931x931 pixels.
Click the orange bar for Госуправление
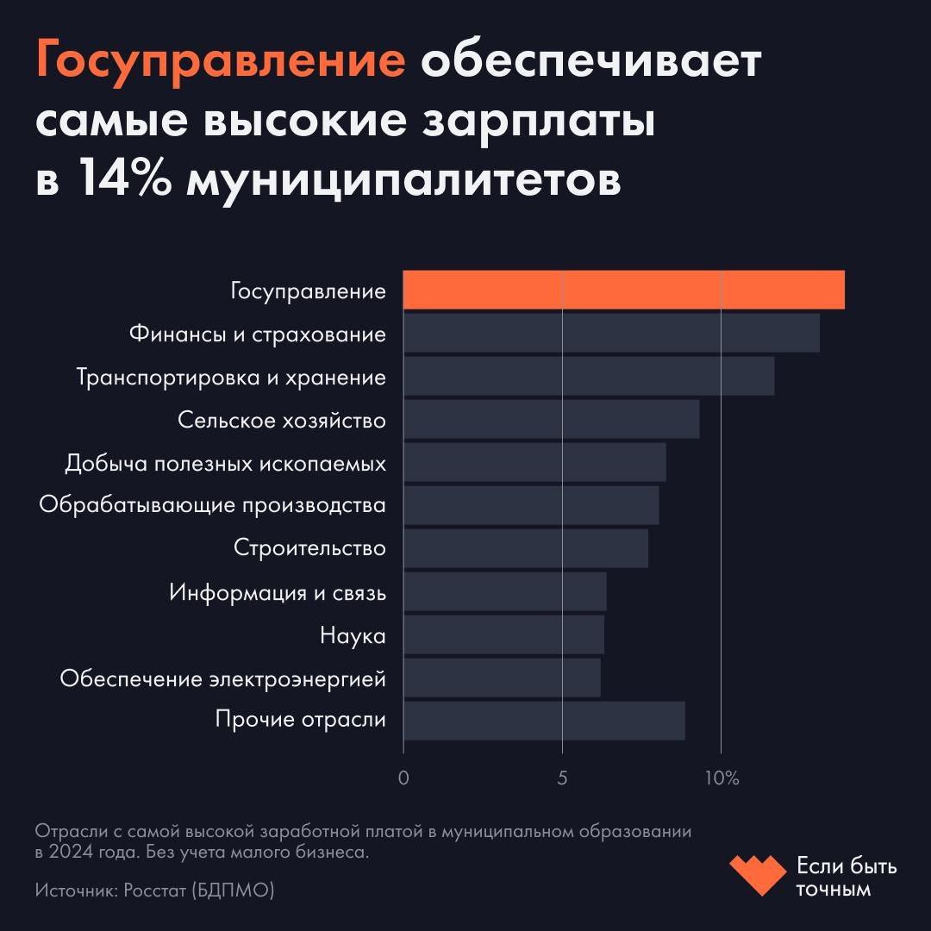click(623, 290)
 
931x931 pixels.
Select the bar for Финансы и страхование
click(611, 333)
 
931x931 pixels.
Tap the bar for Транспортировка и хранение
click(589, 376)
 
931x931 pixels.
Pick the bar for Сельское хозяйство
click(551, 419)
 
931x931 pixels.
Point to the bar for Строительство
click(525, 548)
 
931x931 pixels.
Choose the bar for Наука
click(503, 634)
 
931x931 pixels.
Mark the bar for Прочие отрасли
click(544, 721)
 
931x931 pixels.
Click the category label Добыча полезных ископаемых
click(225, 463)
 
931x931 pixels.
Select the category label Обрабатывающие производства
click(212, 506)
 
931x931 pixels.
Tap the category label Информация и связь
click(277, 592)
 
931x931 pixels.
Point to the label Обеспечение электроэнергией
click(222, 678)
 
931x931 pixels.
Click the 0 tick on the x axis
click(403, 778)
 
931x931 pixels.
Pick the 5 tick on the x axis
click(562, 778)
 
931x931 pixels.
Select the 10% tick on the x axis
click(722, 778)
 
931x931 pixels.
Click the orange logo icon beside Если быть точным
click(757, 874)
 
